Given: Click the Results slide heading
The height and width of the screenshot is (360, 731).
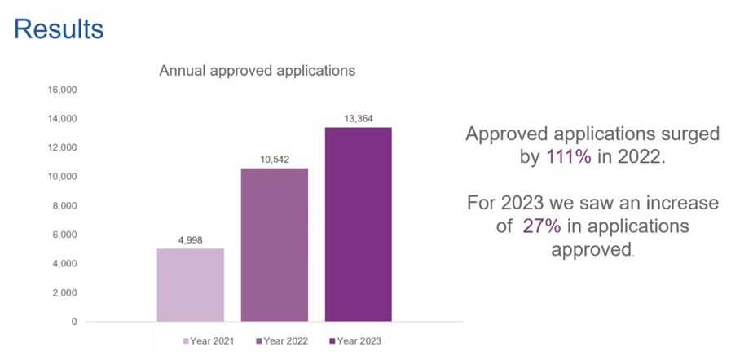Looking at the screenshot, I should [59, 29].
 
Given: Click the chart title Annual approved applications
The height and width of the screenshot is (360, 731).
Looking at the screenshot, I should [257, 71].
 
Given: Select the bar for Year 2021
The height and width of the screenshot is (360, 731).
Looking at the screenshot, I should [190, 284].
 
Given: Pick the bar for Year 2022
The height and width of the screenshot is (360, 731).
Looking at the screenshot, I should [274, 244].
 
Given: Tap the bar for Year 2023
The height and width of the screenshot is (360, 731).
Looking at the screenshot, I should [359, 224].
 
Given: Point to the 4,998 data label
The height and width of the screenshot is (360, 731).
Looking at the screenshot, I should [190, 240].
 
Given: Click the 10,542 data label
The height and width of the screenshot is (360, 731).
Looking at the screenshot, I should [274, 160].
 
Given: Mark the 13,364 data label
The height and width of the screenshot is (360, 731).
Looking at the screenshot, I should [359, 119].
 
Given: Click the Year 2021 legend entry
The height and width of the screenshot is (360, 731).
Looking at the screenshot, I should [208, 340].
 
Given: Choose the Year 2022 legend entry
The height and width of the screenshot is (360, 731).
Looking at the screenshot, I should [281, 340].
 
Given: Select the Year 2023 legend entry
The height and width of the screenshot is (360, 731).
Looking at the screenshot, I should [354, 340].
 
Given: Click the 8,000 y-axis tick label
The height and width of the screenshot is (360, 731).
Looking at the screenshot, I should [64, 205].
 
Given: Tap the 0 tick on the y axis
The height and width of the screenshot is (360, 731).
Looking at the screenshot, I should [73, 322].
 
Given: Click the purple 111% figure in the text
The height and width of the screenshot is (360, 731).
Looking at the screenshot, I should [568, 158].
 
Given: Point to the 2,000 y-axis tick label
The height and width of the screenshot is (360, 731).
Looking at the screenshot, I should [64, 292].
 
